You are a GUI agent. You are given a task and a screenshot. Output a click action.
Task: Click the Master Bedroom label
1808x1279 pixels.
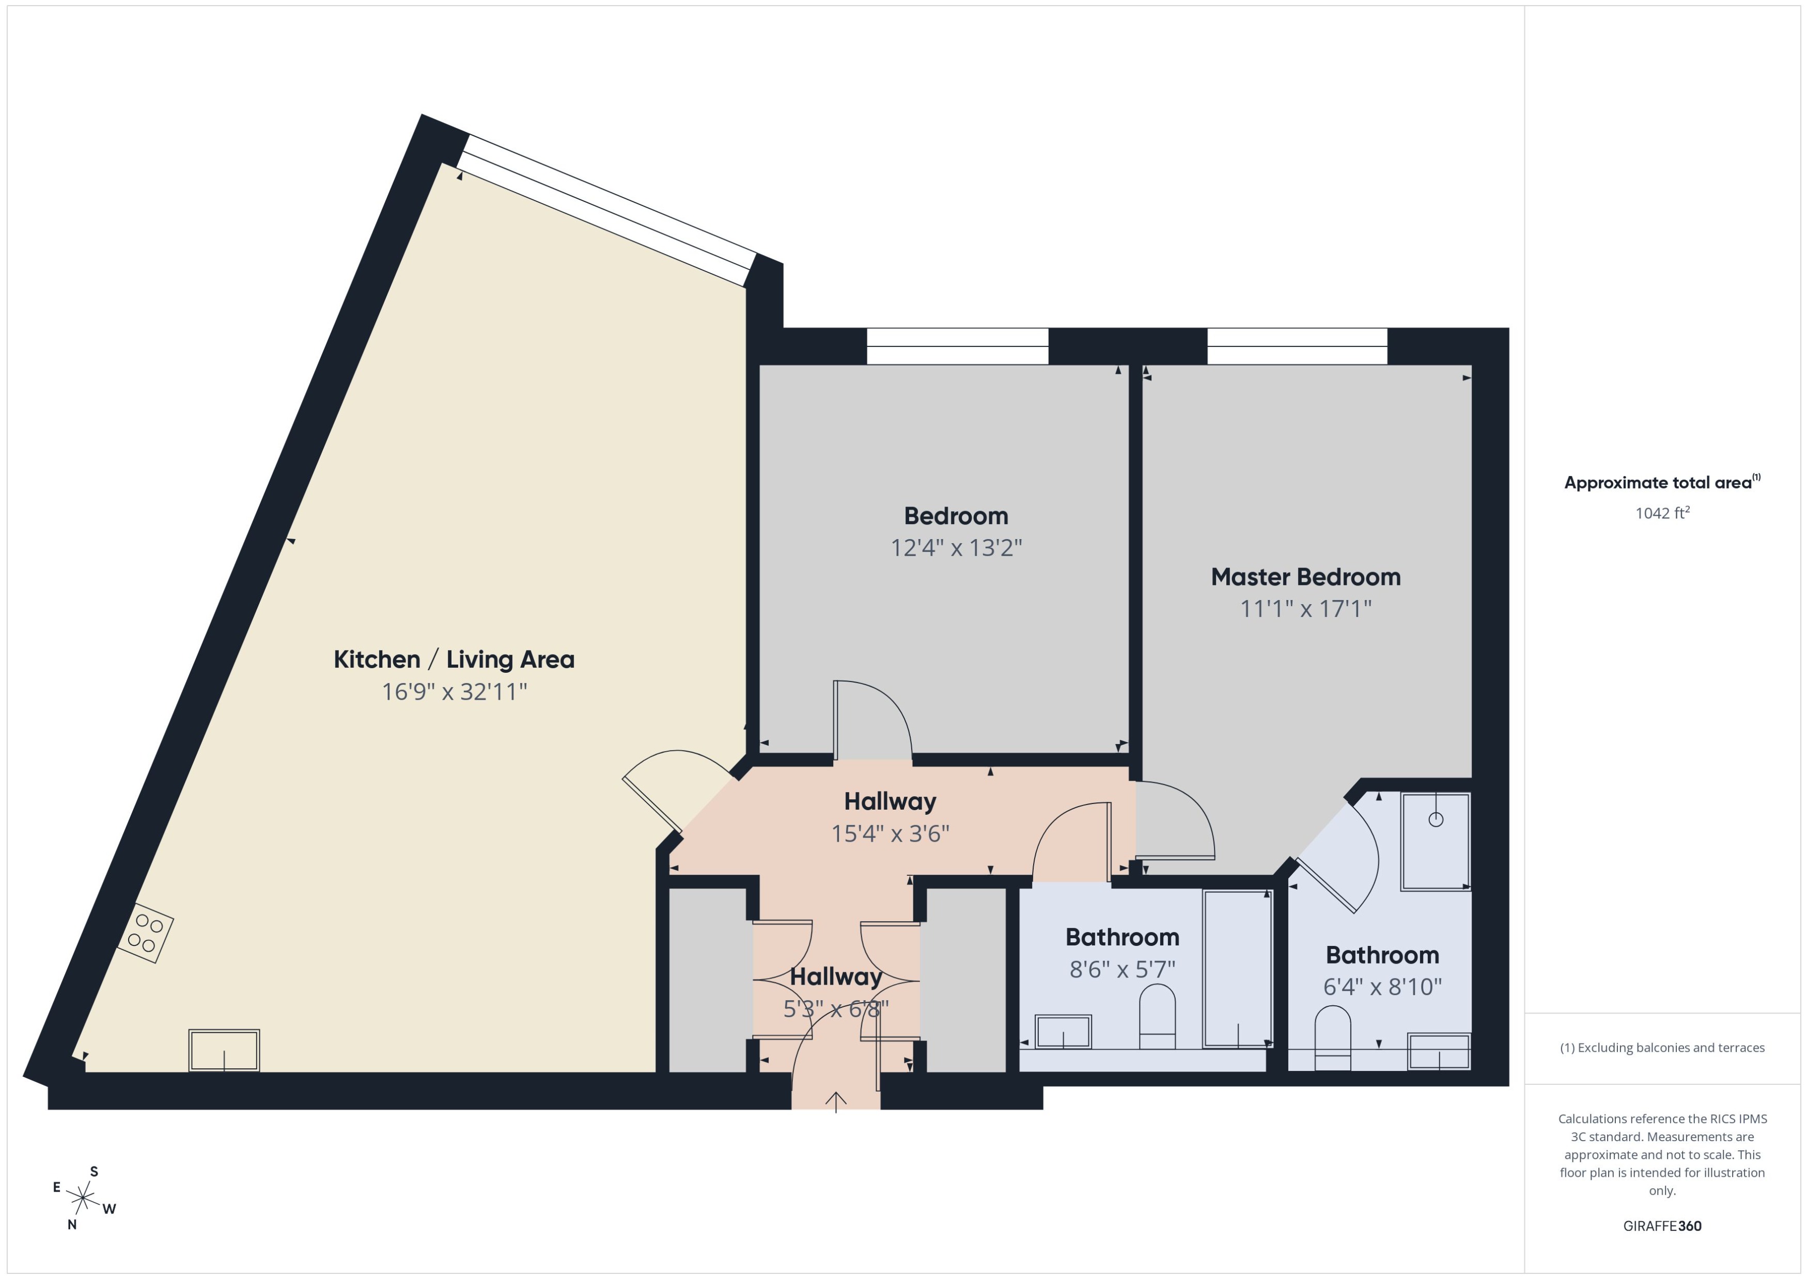coord(1305,577)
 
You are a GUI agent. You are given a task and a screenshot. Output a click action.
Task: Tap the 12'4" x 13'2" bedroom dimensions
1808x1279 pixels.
coord(956,547)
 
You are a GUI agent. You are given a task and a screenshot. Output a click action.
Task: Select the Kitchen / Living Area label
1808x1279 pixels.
coord(454,659)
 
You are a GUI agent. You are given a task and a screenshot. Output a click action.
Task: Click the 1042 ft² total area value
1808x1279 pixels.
coord(1661,513)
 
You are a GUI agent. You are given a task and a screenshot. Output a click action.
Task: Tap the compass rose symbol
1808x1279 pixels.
coord(83,1198)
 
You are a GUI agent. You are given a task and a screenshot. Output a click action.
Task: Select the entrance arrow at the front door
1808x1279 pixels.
coord(836,1101)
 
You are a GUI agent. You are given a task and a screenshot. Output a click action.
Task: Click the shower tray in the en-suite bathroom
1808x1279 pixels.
coord(1435,841)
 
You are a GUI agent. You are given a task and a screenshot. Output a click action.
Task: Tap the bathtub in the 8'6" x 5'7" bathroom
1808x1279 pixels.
coord(1237,969)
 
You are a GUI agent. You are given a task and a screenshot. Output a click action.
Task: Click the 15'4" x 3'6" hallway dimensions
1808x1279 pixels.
coord(890,833)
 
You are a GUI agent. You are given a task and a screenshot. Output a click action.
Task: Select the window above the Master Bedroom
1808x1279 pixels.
coord(1297,346)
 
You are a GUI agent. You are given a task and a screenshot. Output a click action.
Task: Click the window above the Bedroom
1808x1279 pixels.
coord(957,346)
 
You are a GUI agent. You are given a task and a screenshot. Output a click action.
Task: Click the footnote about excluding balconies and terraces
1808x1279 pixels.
coord(1661,1048)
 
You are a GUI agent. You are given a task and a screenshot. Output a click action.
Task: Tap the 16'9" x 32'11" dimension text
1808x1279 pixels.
coord(454,691)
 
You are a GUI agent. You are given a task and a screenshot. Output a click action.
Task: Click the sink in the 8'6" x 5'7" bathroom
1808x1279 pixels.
coord(1063,1032)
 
